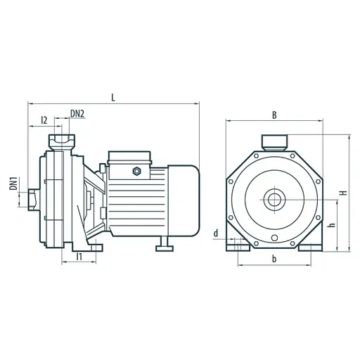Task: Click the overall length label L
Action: tap(113, 98)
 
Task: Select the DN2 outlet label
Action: tap(77, 114)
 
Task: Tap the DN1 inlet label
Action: tap(13, 184)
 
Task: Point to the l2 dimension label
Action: tap(44, 120)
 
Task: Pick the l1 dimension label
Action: tap(79, 257)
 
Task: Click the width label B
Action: tap(274, 115)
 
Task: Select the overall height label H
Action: tap(344, 193)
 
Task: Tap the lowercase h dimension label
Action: tap(333, 224)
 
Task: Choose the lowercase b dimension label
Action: tap(274, 259)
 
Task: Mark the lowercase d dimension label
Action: tap(216, 233)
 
